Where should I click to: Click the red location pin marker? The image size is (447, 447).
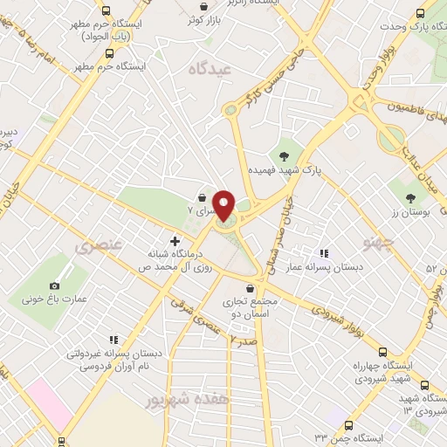point(223,204)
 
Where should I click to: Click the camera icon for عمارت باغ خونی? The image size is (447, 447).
point(55,285)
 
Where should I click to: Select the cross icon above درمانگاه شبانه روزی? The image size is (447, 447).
point(175,240)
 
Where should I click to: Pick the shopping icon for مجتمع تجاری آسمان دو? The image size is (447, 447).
point(251,287)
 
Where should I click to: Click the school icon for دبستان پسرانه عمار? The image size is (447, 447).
point(325,253)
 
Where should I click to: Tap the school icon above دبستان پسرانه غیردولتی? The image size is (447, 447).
point(113,340)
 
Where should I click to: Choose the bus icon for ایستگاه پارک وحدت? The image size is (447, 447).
point(421,13)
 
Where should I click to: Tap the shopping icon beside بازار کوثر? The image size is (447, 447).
point(190,17)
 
